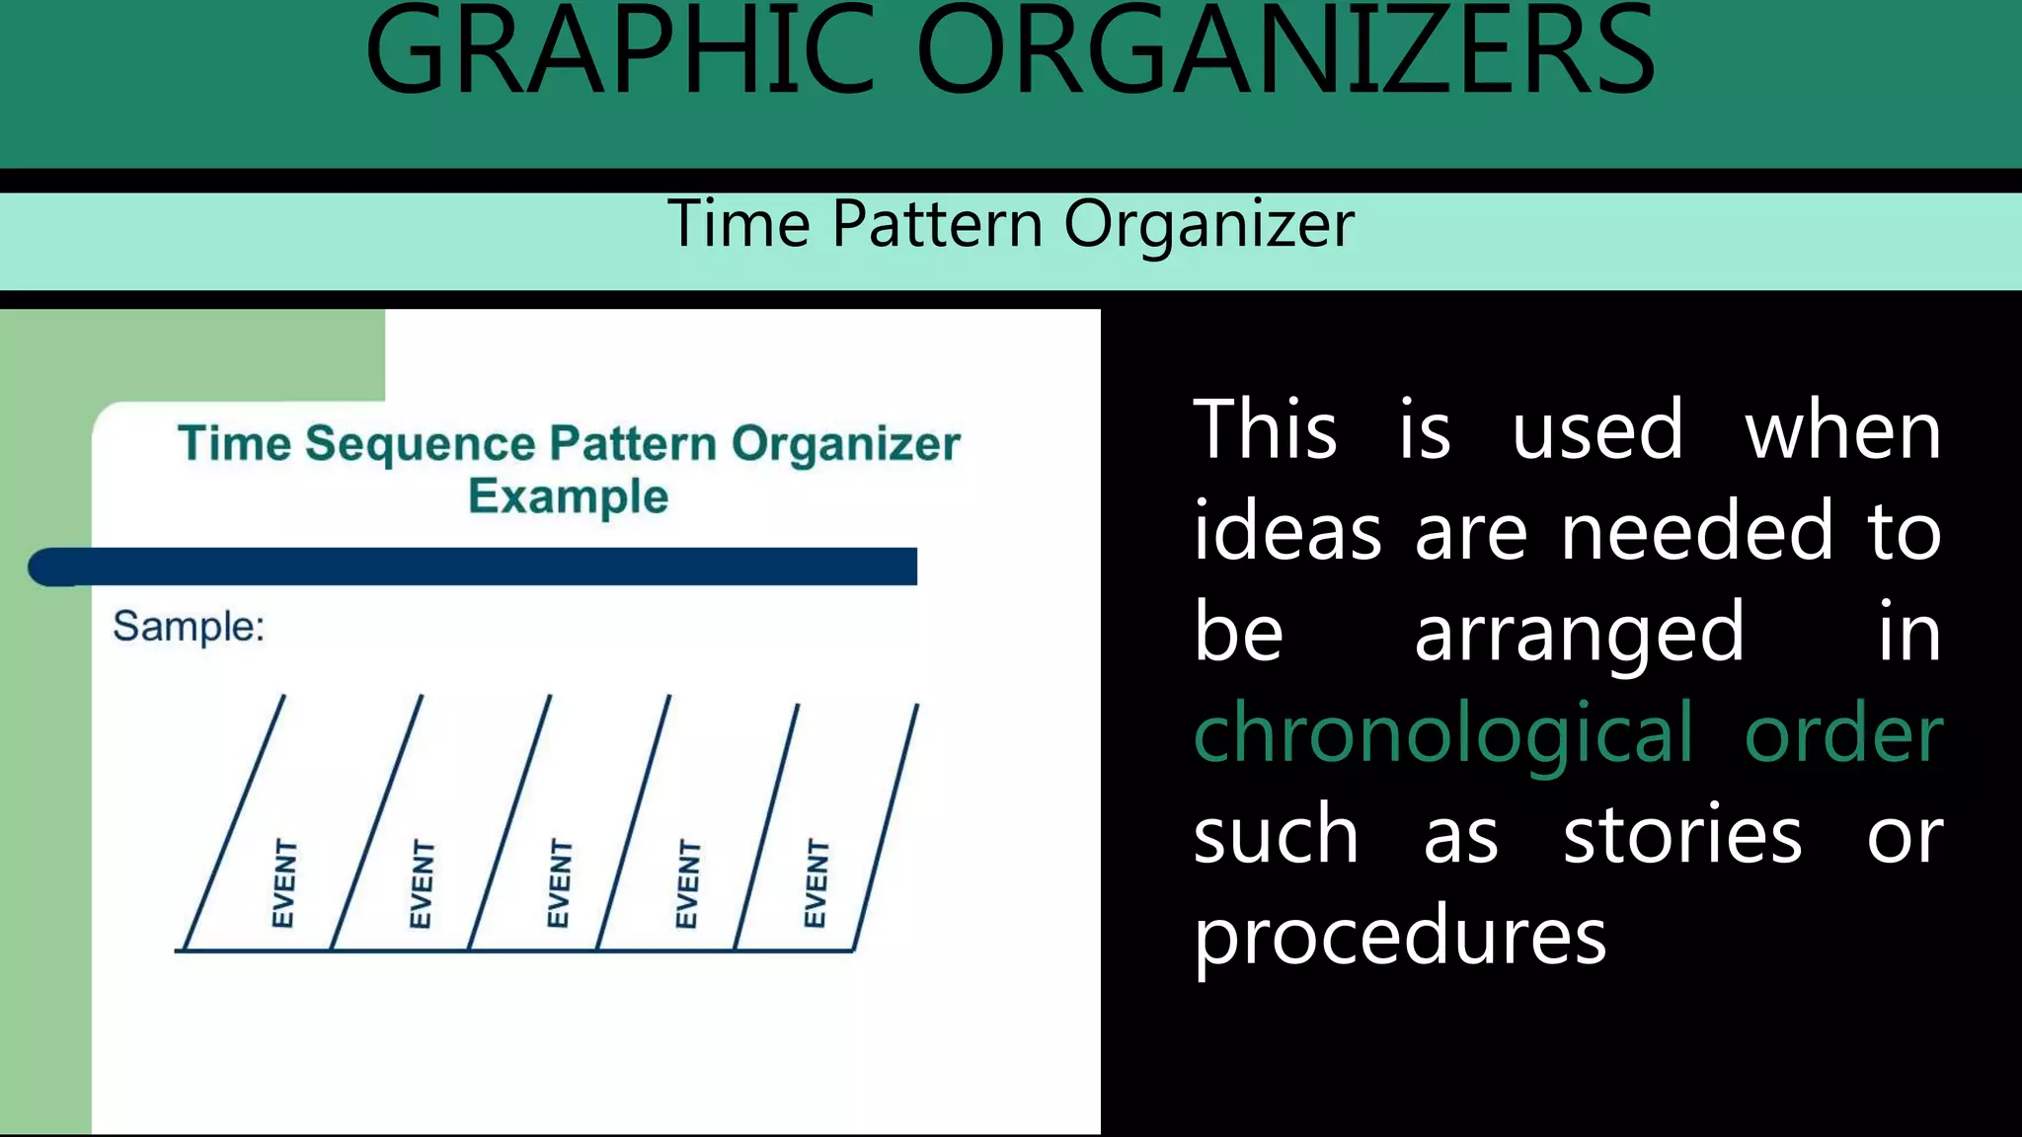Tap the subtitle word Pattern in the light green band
(x=937, y=224)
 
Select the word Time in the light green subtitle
(x=739, y=224)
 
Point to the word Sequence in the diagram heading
(x=420, y=444)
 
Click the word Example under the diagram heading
(x=568, y=496)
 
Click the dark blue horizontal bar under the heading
(x=474, y=567)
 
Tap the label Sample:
(x=189, y=627)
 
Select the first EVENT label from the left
(x=283, y=883)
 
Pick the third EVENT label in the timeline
(x=559, y=883)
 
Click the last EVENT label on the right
(x=816, y=883)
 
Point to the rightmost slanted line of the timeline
(x=886, y=827)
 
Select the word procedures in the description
(x=1399, y=936)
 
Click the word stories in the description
(x=1682, y=835)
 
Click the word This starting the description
(x=1265, y=430)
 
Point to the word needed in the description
(x=1696, y=532)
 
